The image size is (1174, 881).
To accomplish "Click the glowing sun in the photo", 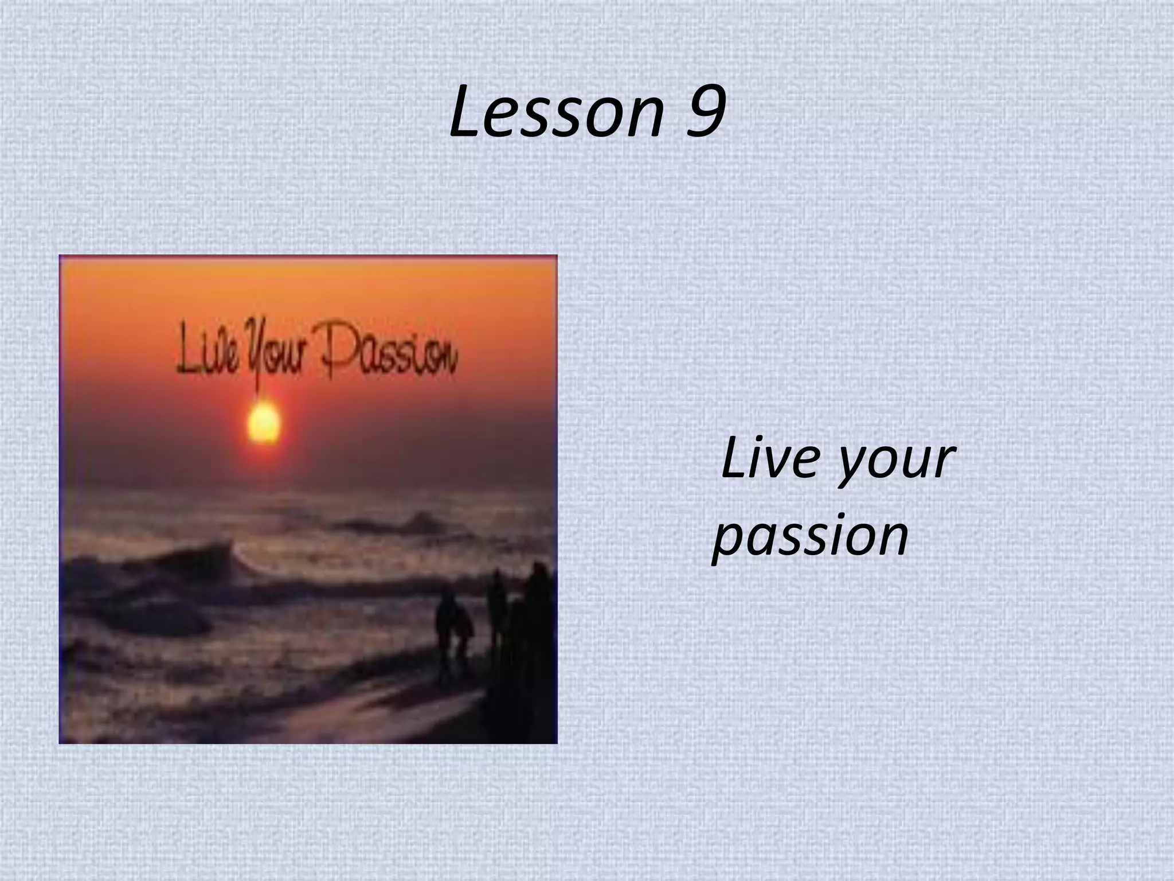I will coord(263,423).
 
